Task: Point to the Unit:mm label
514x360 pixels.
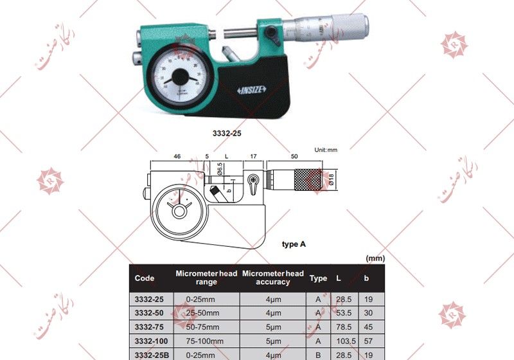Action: [326, 149]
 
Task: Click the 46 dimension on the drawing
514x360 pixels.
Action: [176, 156]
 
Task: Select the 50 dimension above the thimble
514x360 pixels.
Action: [294, 156]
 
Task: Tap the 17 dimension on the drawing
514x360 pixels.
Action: [253, 156]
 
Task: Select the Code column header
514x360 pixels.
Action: [145, 278]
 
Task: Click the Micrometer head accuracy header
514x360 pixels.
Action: [273, 278]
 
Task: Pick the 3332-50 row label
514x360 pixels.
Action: [150, 312]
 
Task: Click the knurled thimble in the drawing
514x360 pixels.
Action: [305, 179]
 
